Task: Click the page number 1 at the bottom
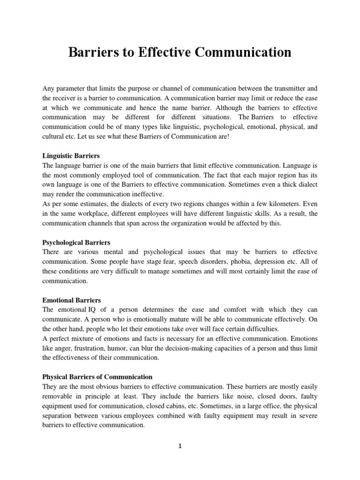tap(180, 446)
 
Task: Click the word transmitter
tap(287, 88)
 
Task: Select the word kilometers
tap(275, 204)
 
